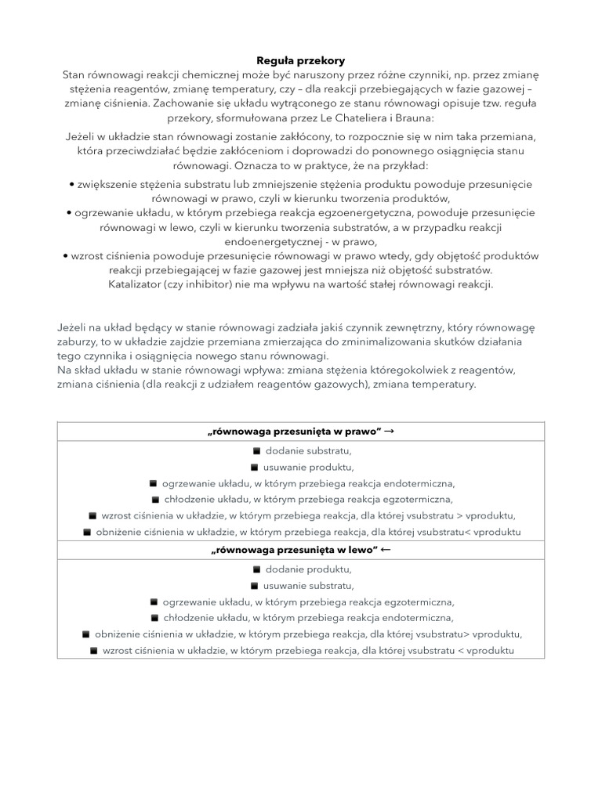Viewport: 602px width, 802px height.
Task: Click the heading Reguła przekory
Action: [x=301, y=60]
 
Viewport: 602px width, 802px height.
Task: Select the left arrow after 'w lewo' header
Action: [x=385, y=551]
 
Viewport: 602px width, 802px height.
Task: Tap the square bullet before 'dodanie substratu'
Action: [x=256, y=451]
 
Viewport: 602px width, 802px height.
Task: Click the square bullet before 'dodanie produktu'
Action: [x=256, y=569]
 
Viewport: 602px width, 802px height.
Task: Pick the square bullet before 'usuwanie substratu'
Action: [x=254, y=586]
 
